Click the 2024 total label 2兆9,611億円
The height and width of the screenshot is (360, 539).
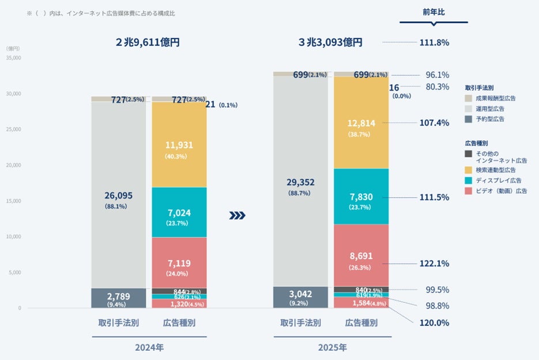(148, 42)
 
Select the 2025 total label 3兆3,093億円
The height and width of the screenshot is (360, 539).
(330, 42)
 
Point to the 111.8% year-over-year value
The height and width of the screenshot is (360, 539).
(434, 42)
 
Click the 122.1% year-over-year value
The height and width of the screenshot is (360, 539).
(435, 263)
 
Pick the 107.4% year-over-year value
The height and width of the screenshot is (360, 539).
(435, 123)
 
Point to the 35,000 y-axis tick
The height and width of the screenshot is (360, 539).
(13, 58)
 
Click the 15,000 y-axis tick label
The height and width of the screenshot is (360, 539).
(13, 201)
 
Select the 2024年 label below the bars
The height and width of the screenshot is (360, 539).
(149, 347)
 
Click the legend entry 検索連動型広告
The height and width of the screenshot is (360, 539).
(495, 170)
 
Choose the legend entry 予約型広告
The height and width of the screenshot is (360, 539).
(489, 119)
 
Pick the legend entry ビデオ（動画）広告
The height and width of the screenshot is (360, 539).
(500, 190)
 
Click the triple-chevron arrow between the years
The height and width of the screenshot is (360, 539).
(238, 216)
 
